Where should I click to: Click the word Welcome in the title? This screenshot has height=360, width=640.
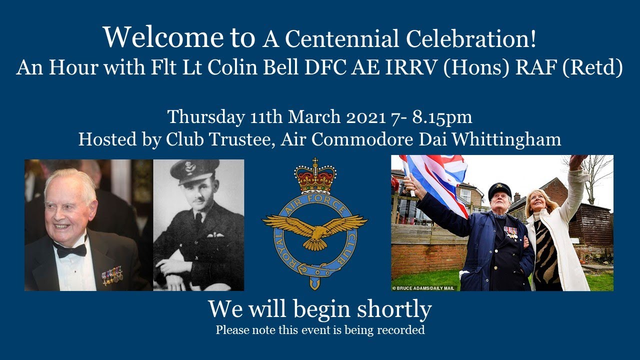pyautogui.click(x=163, y=36)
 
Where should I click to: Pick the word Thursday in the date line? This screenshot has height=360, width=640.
pyautogui.click(x=205, y=117)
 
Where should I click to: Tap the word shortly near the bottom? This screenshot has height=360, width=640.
pyautogui.click(x=394, y=309)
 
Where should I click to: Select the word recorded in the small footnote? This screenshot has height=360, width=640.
pyautogui.click(x=402, y=330)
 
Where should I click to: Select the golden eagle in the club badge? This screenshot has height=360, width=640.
pyautogui.click(x=315, y=227)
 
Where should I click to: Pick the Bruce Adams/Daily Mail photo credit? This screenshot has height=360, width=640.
pyautogui.click(x=424, y=288)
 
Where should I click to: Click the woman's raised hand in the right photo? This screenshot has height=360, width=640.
pyautogui.click(x=578, y=161)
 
